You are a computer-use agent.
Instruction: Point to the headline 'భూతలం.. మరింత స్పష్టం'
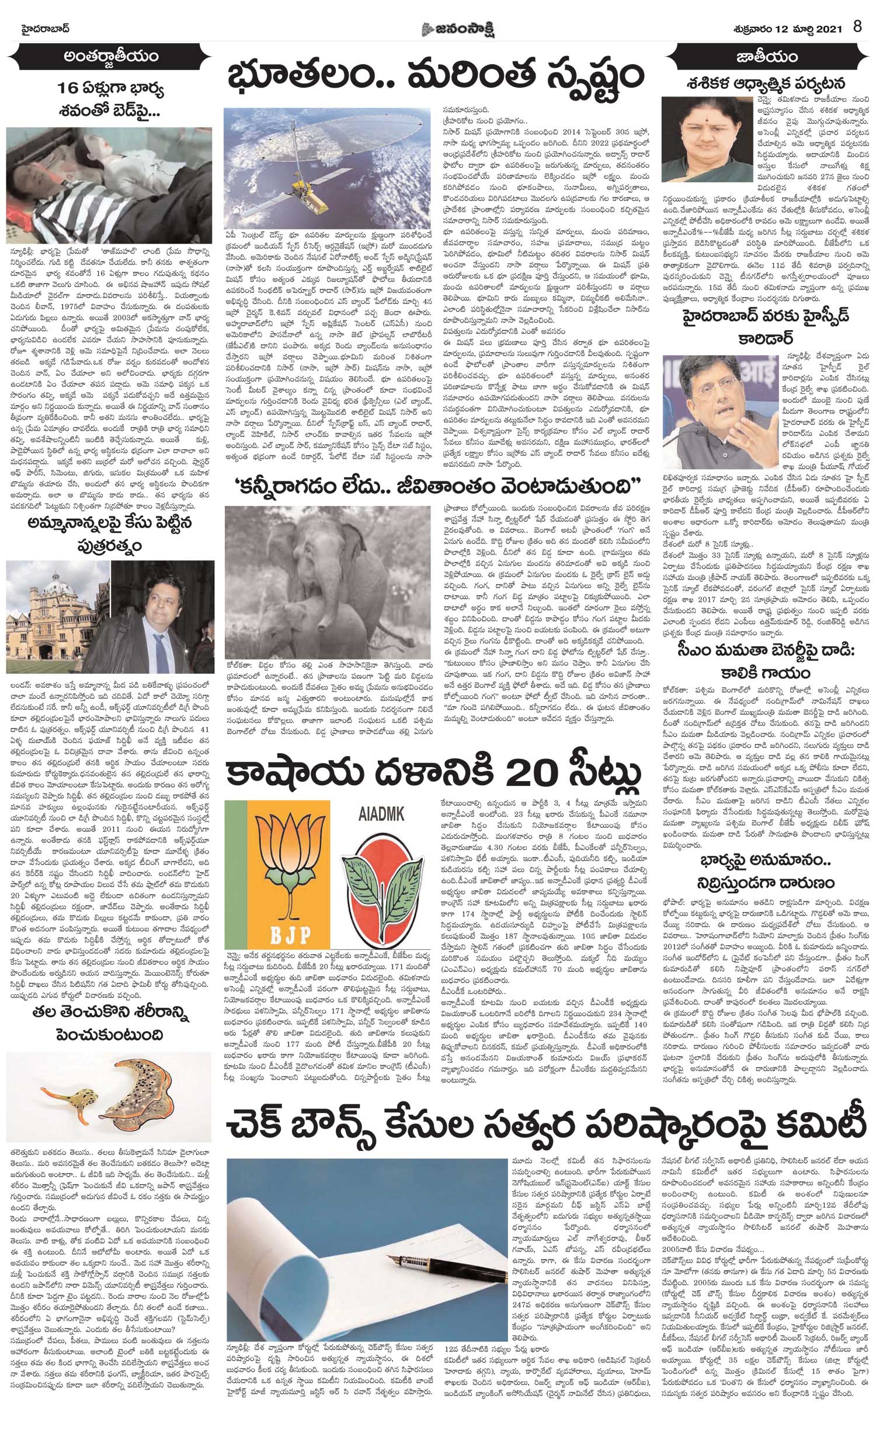[x=435, y=77]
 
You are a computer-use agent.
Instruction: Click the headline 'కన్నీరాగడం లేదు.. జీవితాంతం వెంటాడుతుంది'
[x=435, y=486]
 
